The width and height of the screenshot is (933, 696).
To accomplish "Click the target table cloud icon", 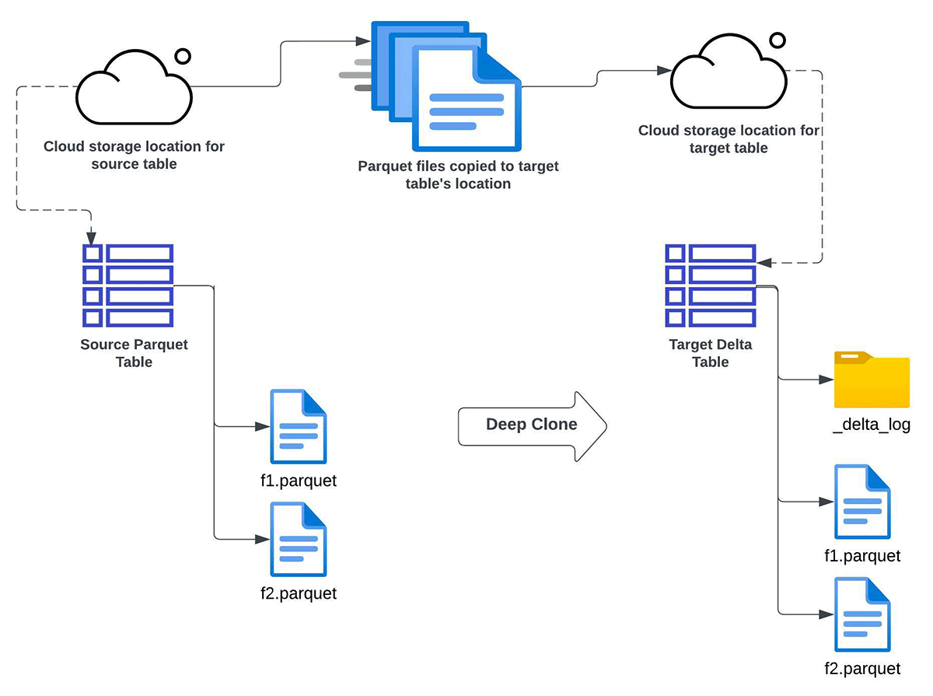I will pos(729,75).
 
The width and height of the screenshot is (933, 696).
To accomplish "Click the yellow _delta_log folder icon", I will pos(872,381).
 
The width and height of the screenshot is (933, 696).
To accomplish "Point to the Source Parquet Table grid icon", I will pos(128,285).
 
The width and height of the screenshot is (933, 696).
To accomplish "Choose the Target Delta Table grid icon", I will pos(711,285).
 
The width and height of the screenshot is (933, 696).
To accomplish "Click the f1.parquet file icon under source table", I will pos(298,427).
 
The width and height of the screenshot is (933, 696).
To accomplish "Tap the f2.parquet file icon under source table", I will pos(298,540).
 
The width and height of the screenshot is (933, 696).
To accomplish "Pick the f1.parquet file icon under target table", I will pos(862,502).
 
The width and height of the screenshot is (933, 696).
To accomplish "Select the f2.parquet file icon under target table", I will pos(862,615).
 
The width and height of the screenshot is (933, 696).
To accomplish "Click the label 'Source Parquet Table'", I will pos(134,353).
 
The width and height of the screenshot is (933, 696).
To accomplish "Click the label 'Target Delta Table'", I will pos(711,353).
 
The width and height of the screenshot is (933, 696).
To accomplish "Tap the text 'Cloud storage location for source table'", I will pos(134,155).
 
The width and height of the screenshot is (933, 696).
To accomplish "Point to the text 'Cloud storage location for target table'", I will pos(729,139).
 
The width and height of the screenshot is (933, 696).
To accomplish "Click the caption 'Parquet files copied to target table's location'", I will pos(458,175).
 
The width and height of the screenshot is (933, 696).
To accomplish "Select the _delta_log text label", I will pos(871,425).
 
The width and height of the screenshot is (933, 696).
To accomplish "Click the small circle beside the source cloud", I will pos(183,56).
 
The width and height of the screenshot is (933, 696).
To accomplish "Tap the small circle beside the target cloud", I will pos(776,40).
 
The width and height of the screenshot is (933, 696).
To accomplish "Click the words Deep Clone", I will pos(531,425).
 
